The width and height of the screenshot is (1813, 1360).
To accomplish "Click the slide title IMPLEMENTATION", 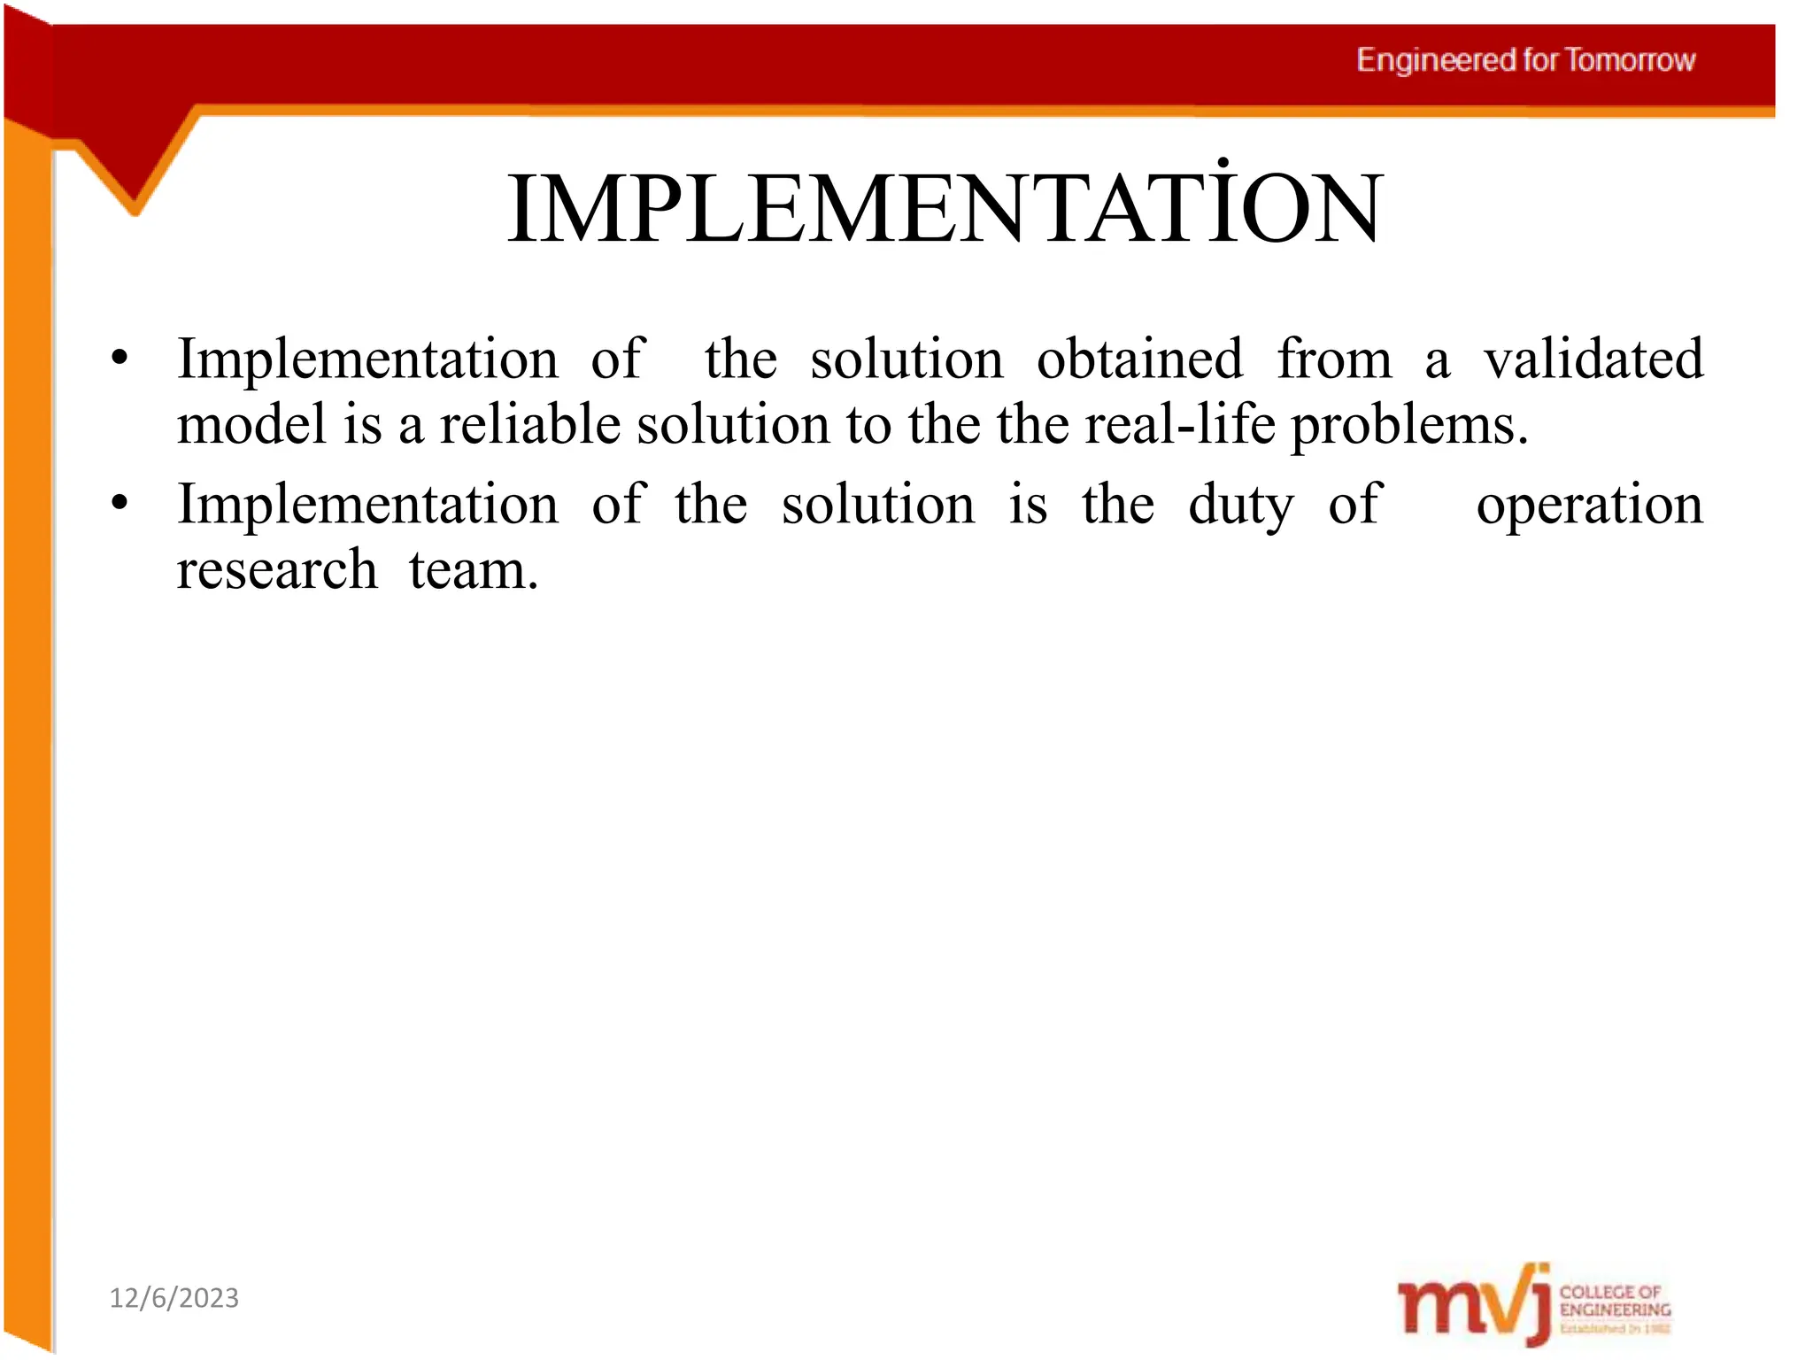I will click(944, 209).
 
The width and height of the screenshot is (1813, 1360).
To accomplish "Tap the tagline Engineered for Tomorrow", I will click(1525, 60).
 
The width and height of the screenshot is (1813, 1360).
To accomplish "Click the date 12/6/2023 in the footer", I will click(174, 1298).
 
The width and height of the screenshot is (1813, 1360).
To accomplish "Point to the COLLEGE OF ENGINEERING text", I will click(1615, 1301).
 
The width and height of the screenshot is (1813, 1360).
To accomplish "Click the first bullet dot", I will click(120, 359).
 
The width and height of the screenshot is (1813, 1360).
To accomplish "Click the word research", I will click(276, 569).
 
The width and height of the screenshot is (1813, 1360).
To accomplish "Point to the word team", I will click(473, 569).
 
